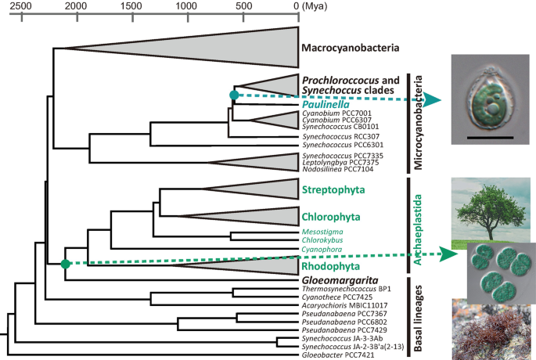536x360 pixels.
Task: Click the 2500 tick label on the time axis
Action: tap(20, 7)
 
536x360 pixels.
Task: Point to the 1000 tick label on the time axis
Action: tap(185, 7)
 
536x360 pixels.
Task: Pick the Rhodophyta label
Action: tap(329, 265)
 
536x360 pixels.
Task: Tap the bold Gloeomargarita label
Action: tap(337, 279)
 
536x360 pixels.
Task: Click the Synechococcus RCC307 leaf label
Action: tap(335, 135)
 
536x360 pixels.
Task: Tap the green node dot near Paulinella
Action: tap(233, 95)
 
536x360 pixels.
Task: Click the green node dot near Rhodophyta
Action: tap(66, 264)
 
